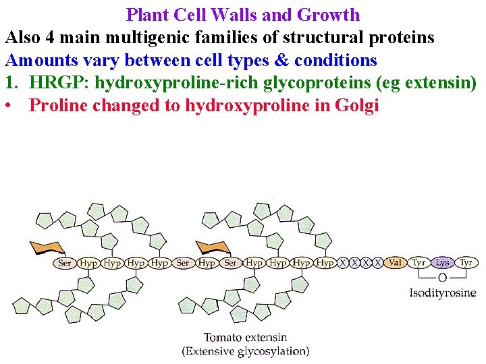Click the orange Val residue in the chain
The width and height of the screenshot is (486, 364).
point(396,263)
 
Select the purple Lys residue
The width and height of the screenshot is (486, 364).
point(442,263)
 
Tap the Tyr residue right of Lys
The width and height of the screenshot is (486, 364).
point(466,263)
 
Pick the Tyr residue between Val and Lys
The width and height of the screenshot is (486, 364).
point(419,263)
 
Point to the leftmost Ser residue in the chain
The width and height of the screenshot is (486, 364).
point(65,263)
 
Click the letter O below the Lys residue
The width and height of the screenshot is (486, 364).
point(442,278)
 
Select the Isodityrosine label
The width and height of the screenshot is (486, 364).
point(442,293)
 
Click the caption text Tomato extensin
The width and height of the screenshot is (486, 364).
point(245,337)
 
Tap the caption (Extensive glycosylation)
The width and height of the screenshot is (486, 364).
point(245,351)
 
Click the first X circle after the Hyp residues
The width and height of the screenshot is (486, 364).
point(343,263)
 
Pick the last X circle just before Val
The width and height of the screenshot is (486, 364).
point(378,263)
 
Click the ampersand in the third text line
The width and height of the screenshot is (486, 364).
point(282,61)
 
